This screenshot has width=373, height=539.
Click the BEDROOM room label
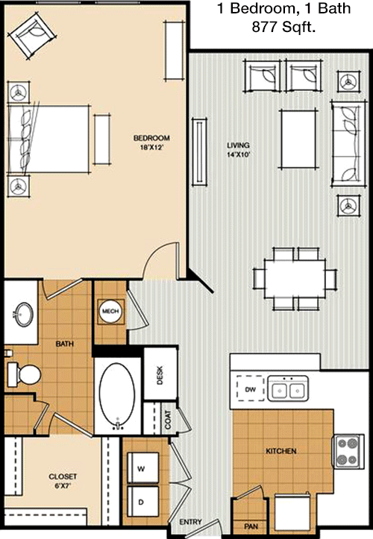151,138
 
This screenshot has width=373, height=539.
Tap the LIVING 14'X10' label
238,150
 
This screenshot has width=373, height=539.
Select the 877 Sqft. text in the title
283,27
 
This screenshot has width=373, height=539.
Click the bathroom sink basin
24,314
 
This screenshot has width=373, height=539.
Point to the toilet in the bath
24,374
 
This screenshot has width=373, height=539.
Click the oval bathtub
117,395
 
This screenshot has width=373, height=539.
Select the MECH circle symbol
110,311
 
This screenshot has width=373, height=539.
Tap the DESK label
160,375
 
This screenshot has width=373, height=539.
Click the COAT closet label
168,420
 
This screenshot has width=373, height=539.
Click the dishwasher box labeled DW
251,389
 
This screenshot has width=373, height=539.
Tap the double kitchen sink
289,389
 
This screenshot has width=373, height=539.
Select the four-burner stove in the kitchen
348,451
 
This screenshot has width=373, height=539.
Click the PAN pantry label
251,526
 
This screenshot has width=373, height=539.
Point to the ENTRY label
190,522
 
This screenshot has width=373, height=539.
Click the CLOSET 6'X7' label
63,481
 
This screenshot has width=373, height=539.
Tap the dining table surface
295,278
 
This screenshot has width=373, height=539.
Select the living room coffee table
298,139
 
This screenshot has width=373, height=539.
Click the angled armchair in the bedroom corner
32,35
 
